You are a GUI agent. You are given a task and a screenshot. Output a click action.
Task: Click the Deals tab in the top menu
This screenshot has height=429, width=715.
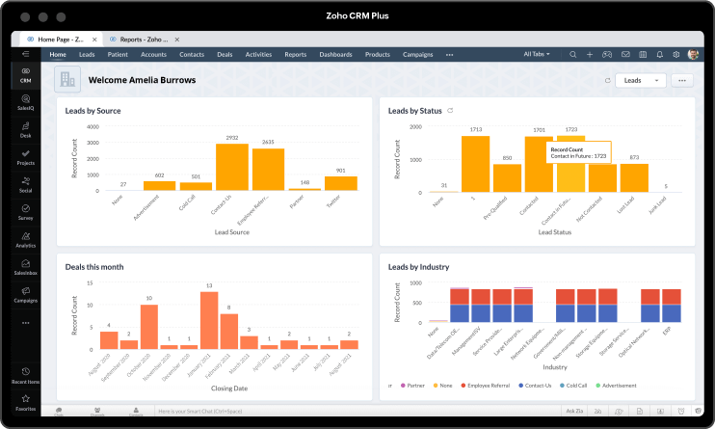225,55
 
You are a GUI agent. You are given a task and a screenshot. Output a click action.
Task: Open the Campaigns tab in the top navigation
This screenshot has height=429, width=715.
417,55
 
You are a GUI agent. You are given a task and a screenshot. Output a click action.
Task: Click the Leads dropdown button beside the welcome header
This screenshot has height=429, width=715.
640,80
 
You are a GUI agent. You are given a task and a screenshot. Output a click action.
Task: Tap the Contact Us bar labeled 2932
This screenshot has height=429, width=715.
232,167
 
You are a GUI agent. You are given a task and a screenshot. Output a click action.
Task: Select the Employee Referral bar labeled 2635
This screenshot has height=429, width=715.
268,170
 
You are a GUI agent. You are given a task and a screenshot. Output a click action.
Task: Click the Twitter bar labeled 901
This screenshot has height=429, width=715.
340,183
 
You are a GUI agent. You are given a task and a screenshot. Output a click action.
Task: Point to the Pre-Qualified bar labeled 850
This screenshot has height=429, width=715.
507,178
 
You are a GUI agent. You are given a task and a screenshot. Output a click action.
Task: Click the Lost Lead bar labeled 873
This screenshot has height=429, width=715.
634,178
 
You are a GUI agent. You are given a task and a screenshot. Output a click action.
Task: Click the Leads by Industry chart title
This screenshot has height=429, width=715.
418,267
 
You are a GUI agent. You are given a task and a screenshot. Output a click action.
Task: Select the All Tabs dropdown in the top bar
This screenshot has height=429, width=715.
538,55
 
